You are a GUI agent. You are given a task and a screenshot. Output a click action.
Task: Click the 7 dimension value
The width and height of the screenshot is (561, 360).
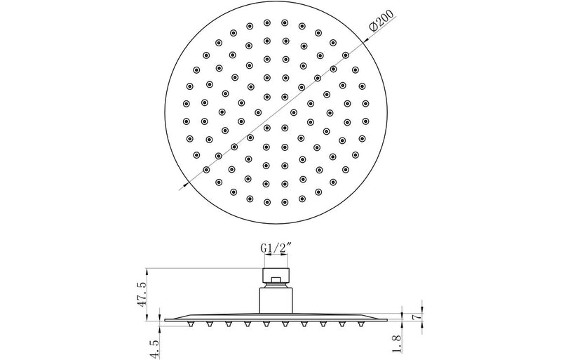pyautogui.click(x=418, y=307)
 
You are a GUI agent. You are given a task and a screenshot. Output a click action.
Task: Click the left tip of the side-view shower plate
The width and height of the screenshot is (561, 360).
pyautogui.click(x=161, y=319)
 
